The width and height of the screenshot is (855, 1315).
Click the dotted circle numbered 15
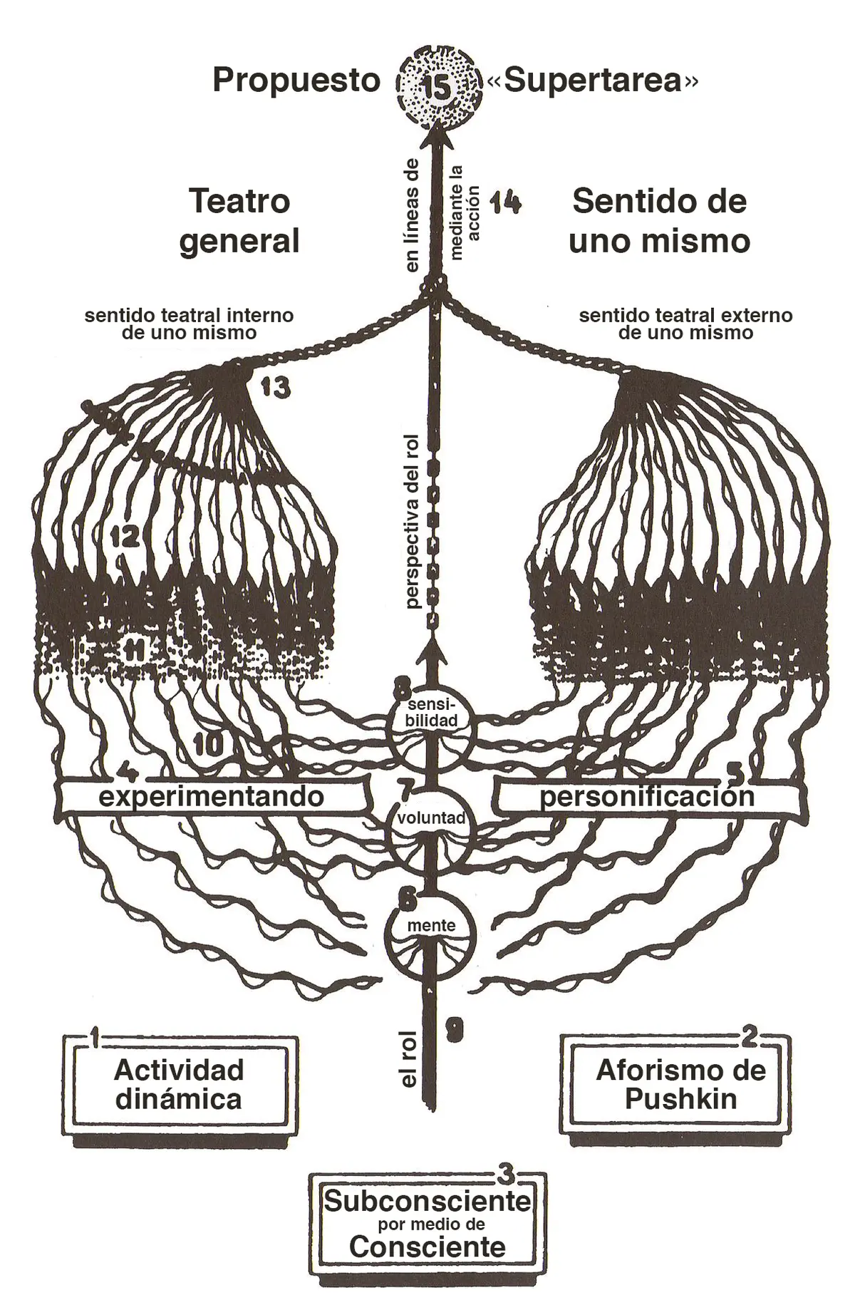(437, 86)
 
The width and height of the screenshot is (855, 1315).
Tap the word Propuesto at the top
(296, 81)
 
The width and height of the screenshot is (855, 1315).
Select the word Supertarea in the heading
(593, 81)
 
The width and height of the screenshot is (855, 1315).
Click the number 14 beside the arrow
(506, 203)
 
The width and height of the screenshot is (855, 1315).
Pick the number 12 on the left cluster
(125, 536)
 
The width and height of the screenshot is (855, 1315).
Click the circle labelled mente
(431, 927)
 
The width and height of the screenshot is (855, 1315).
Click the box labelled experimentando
(212, 796)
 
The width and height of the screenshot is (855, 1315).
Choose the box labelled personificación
(646, 796)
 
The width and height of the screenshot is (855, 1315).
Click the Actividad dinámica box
(179, 1085)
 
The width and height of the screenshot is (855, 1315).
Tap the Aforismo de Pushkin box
(680, 1085)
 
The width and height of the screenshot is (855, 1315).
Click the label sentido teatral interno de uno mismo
(189, 324)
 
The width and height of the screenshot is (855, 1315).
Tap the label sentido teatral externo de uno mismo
(685, 324)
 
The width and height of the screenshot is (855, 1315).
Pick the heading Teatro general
(239, 222)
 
